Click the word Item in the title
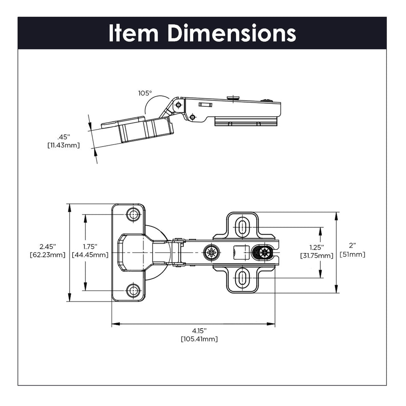tap(133, 33)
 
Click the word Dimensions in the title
tap(232, 33)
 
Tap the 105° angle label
tap(145, 93)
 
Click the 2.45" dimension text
tap(47, 247)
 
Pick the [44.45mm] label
tap(90, 255)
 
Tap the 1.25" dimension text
tap(317, 247)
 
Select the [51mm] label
tap(352, 255)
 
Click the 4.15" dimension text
tap(199, 331)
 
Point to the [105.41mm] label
tap(199, 339)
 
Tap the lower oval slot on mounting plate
tap(242, 278)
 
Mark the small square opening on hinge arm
tap(241, 252)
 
